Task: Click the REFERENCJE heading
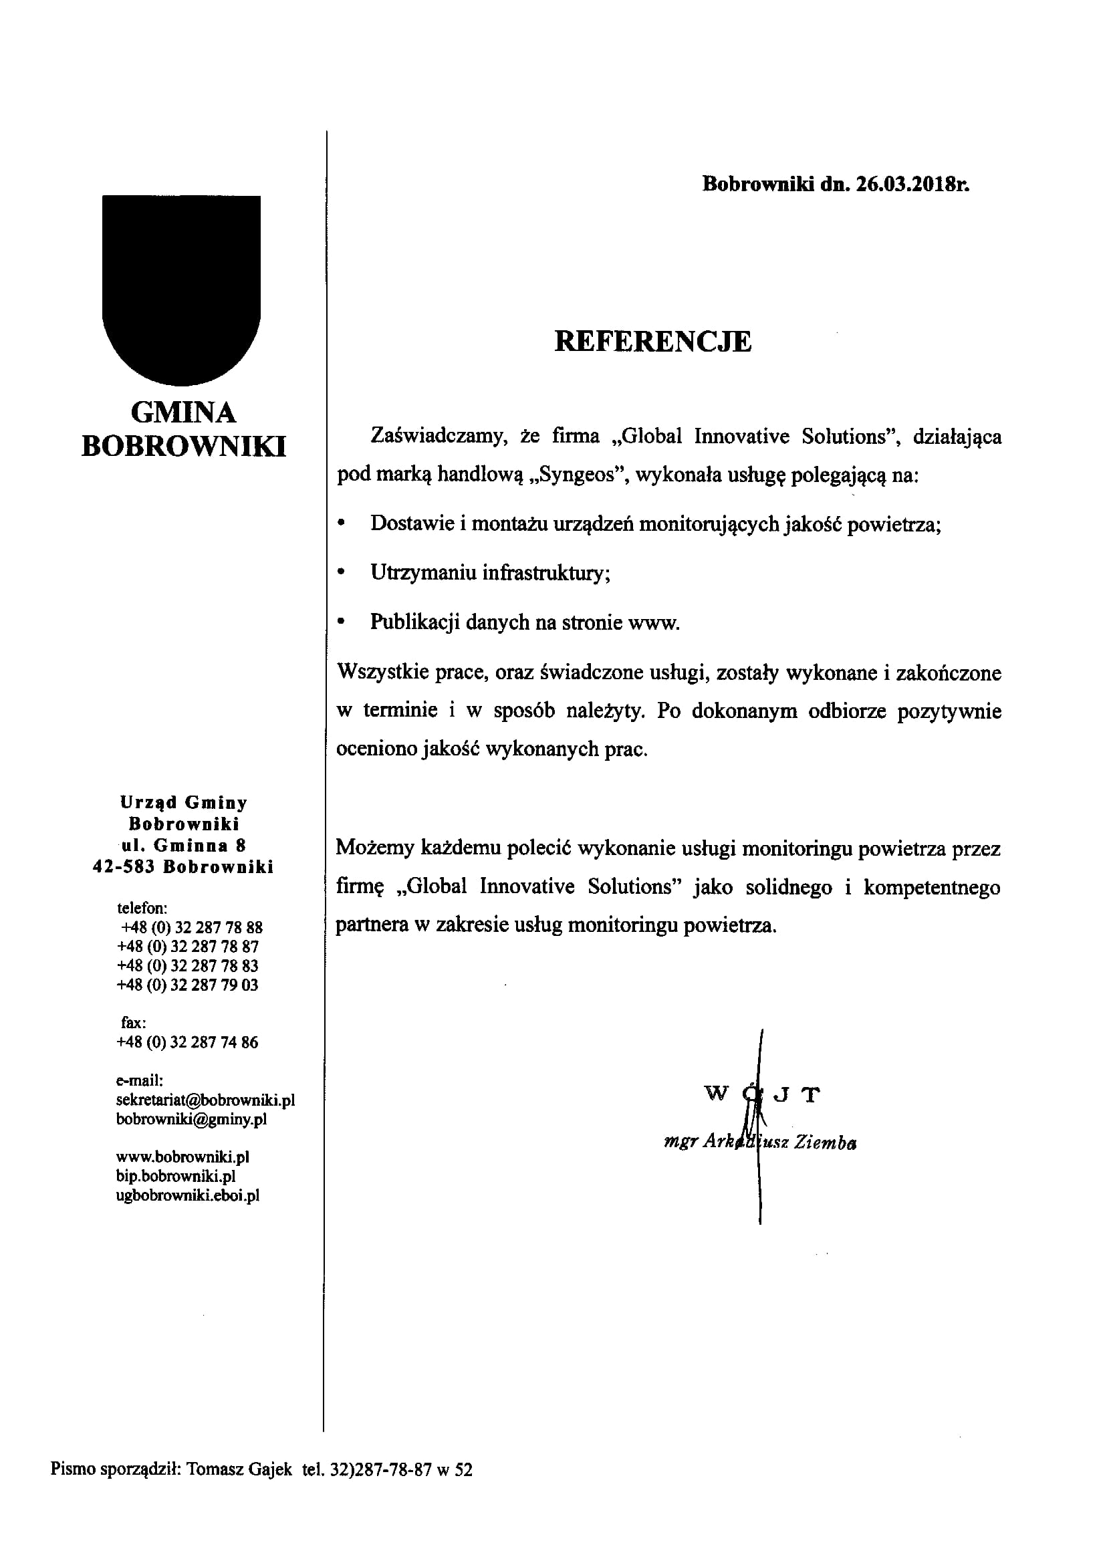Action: point(652,342)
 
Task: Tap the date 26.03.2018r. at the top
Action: point(912,185)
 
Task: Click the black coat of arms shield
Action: point(181,286)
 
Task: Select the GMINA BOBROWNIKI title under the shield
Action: point(184,430)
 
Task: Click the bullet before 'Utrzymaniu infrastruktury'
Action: point(342,572)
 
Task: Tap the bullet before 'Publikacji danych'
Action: point(342,622)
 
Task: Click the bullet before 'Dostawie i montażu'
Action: point(342,523)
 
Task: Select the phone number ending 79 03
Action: point(188,985)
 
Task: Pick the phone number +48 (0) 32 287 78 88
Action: point(191,927)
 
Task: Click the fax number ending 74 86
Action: point(188,1042)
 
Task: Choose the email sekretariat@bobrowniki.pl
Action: point(205,1100)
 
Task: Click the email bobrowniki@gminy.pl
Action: point(191,1118)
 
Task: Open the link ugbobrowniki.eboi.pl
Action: point(188,1195)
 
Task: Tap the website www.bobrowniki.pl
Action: point(183,1157)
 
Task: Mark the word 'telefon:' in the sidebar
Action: point(142,908)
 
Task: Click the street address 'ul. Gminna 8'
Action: point(184,846)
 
